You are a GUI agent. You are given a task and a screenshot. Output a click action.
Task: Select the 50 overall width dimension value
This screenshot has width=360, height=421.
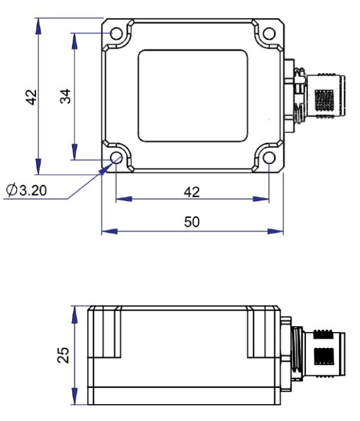tap(191, 222)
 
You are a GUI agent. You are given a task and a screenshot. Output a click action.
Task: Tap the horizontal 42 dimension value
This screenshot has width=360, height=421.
tap(191, 192)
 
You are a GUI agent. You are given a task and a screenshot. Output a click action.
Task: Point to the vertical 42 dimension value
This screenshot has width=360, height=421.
tap(31, 96)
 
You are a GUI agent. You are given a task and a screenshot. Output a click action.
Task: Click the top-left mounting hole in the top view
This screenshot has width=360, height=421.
tap(118, 33)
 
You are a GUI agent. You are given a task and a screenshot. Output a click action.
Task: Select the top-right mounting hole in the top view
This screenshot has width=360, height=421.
tap(268, 33)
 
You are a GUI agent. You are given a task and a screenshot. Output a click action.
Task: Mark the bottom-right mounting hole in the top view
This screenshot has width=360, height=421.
tap(268, 159)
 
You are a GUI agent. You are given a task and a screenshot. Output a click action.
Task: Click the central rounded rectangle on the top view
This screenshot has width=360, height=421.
tap(193, 96)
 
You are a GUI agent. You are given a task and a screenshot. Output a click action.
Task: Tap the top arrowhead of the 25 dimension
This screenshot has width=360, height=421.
tap(74, 310)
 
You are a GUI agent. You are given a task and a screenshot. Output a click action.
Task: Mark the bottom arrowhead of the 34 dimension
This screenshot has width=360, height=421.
tap(74, 156)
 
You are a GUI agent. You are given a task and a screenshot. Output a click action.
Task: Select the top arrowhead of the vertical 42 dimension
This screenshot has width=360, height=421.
tap(39, 22)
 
